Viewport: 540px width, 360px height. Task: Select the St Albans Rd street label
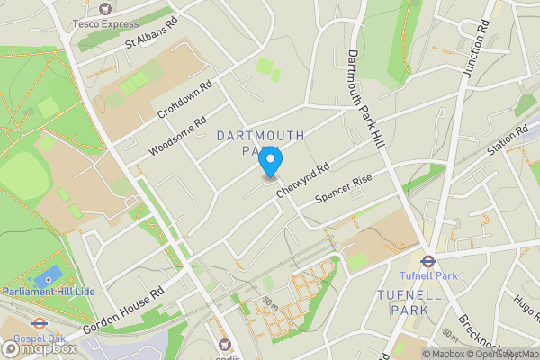(152, 32)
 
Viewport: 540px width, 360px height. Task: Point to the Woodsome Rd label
(177, 134)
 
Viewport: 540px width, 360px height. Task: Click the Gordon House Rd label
(125, 310)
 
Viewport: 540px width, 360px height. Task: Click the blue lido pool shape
(49, 274)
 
